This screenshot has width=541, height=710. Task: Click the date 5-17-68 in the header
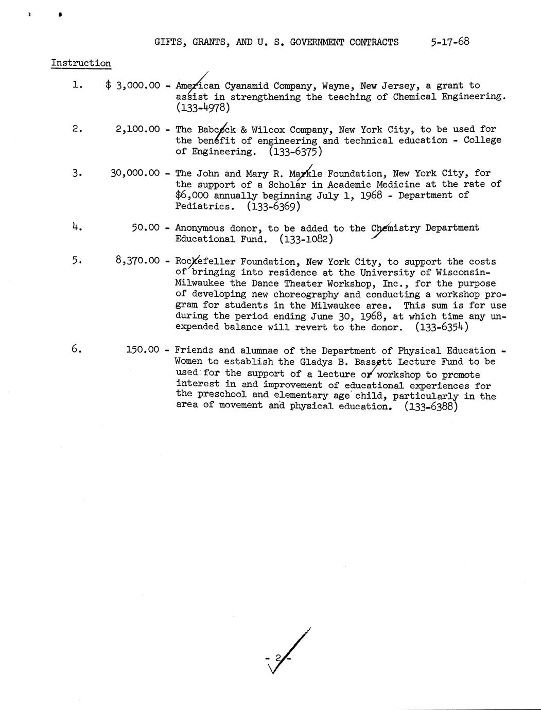[x=450, y=42]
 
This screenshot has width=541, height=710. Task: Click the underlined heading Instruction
[x=81, y=63]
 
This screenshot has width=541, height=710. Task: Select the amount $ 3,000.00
[x=133, y=85]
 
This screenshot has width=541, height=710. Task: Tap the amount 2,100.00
[x=137, y=129]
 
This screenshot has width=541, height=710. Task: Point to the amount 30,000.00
[x=135, y=173]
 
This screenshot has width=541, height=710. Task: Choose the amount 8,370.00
[x=137, y=261]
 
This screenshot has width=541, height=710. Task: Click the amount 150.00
[x=143, y=350]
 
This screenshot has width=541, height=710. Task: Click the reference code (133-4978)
[x=202, y=108]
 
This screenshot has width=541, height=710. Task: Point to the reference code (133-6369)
[x=273, y=207]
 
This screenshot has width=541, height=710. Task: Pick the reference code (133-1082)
[x=306, y=239]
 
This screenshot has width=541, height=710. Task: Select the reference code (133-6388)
[x=431, y=406]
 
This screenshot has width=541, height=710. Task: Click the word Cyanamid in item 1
[x=246, y=86]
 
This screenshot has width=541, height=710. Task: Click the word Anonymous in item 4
[x=199, y=228]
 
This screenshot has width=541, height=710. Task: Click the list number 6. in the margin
[x=77, y=349]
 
